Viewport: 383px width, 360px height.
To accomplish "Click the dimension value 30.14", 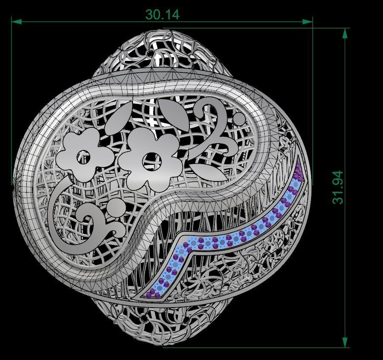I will (x=162, y=15).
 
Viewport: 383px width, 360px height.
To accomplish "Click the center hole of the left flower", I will (x=84, y=158).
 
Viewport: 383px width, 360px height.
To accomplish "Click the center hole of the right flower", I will (x=149, y=160).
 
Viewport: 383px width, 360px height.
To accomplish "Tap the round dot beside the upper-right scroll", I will (x=240, y=118).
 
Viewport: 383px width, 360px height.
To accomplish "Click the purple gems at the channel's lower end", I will (x=151, y=293).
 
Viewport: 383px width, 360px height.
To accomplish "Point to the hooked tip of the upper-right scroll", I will (x=199, y=114).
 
